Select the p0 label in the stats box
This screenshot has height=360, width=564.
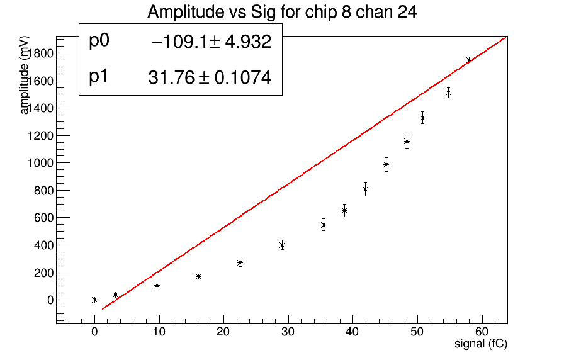coord(99,41)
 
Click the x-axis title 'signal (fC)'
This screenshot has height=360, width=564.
coord(481,344)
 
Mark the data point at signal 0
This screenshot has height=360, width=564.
coord(94,300)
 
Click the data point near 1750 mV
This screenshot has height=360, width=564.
coord(469,60)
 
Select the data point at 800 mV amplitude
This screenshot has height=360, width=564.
coord(365,189)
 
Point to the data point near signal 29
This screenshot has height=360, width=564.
coord(282,245)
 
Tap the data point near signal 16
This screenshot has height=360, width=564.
coord(198,276)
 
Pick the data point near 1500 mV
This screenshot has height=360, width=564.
coord(448,93)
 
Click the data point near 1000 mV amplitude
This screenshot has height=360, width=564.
coord(386,164)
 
